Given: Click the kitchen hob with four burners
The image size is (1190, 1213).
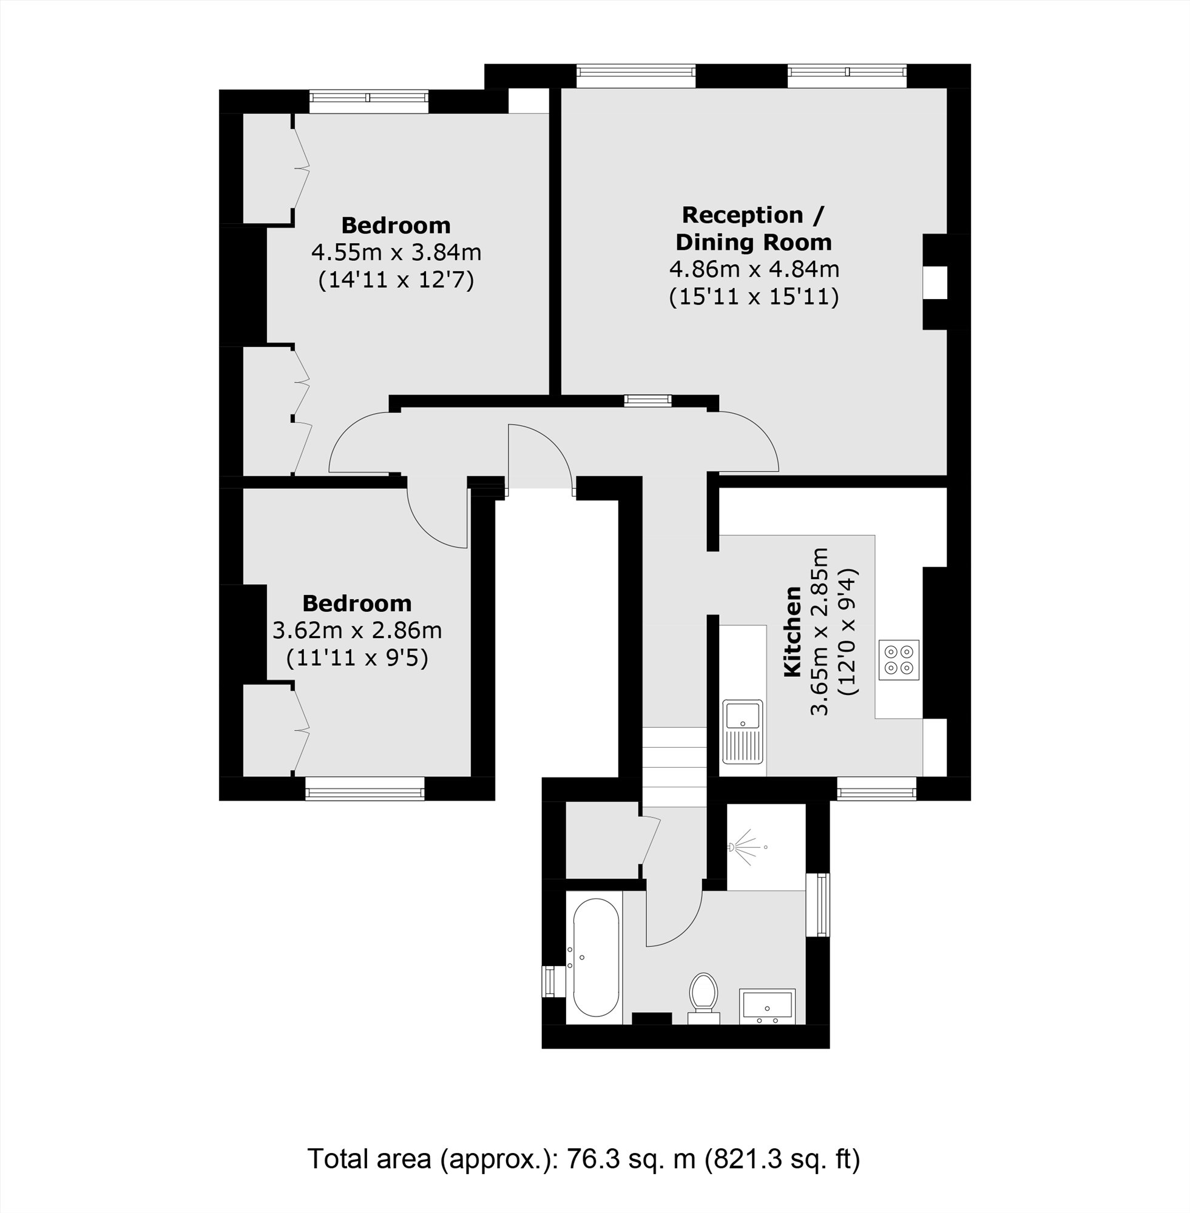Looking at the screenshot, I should point(899,660).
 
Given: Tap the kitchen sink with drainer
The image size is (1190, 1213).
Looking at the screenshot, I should point(743,732).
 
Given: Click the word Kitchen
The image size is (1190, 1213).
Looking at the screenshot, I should point(793,631).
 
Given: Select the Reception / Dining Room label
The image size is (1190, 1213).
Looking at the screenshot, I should point(753,229).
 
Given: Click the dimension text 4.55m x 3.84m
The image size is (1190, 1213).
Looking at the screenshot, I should point(396,253).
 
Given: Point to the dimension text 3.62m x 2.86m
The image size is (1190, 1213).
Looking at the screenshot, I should point(357,631).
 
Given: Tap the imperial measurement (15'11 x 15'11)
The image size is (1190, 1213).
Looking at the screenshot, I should point(753,297).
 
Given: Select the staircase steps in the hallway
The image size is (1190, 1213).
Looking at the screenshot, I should point(674,767).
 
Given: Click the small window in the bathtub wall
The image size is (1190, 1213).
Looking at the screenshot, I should point(550,981).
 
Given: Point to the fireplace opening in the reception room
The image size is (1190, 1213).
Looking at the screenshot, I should point(936,282).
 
